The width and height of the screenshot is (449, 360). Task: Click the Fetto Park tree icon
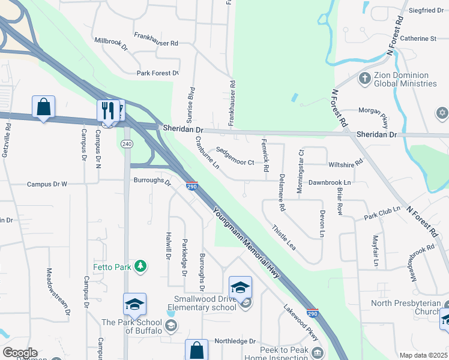(140, 265)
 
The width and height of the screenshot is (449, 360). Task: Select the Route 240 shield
(126, 144)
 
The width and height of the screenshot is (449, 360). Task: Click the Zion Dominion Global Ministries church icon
(364, 78)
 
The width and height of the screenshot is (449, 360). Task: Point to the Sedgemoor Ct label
(235, 157)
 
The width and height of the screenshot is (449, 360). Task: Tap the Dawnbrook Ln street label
(329, 181)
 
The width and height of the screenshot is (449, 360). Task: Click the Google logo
(20, 353)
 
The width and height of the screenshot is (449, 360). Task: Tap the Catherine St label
(418, 38)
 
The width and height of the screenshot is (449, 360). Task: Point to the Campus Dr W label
(47, 184)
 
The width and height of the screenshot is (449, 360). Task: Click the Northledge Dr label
(235, 340)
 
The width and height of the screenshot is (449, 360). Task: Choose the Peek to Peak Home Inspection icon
(318, 351)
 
